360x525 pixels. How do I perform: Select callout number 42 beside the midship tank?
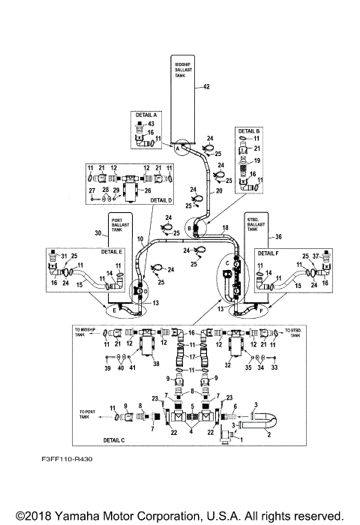pos(206,88)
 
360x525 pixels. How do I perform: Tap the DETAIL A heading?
pos(144,115)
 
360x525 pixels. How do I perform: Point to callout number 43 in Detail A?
pos(150,124)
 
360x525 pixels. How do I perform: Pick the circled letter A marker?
pos(178,148)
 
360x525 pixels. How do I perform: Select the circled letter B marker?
pos(190,227)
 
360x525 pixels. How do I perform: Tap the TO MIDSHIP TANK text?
pos(85,332)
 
